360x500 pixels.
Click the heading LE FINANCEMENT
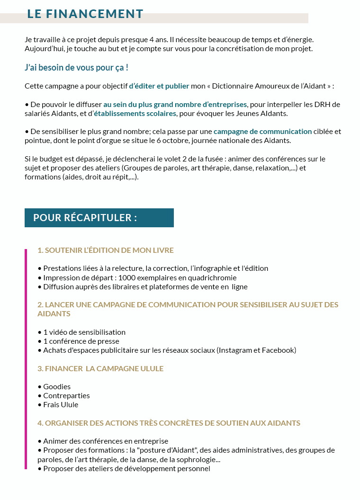point(85,14)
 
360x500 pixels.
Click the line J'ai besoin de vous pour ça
point(76,68)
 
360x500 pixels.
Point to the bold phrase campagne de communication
point(262,132)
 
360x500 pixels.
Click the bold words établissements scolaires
point(135,114)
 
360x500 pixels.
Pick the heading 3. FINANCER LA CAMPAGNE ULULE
point(100,368)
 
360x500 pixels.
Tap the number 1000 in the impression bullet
point(127,277)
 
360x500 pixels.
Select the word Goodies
point(57,387)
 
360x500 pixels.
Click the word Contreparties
point(66,396)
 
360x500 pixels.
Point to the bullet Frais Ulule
point(61,405)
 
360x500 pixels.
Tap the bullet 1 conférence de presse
point(81,341)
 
